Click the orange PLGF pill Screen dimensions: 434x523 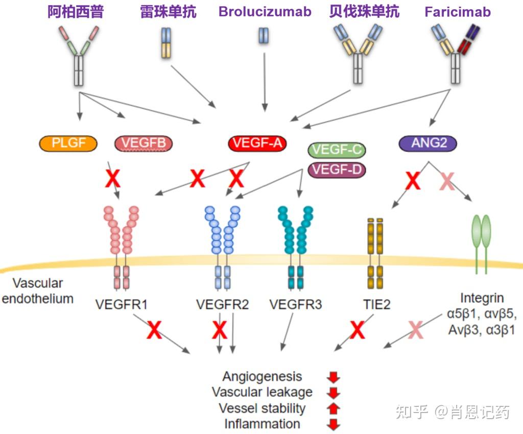click(x=68, y=143)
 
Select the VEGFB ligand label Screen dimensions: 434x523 click(x=144, y=143)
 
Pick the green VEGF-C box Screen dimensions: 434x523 click(x=337, y=150)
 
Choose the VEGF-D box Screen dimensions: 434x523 click(x=337, y=169)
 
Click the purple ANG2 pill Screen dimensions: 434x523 click(x=427, y=143)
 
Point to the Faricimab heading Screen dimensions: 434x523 click(x=458, y=12)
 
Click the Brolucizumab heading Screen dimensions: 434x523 click(x=265, y=12)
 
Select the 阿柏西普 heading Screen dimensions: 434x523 click(x=76, y=12)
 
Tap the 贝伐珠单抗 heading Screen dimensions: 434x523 click(x=364, y=12)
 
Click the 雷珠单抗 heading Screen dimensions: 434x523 click(x=168, y=12)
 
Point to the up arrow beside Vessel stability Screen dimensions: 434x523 click(x=333, y=408)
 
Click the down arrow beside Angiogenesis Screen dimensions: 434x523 click(x=333, y=378)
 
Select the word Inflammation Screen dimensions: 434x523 click(x=262, y=424)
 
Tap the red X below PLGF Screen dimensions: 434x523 click(x=112, y=178)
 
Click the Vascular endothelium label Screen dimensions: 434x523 click(x=38, y=290)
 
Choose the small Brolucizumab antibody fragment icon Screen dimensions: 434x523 click(x=264, y=36)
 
